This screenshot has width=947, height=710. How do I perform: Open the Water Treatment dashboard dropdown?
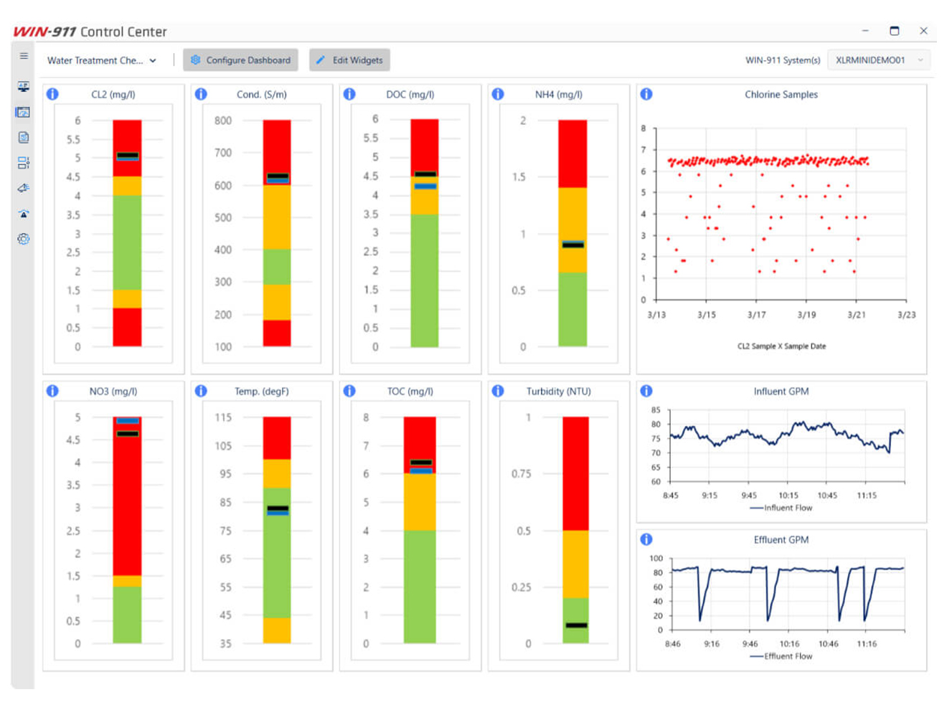click(101, 60)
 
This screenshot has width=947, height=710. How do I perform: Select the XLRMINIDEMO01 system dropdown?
click(879, 60)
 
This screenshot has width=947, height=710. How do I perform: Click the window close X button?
click(923, 31)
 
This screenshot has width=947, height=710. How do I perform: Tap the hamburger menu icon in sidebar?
click(24, 56)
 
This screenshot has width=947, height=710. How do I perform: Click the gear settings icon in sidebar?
click(24, 239)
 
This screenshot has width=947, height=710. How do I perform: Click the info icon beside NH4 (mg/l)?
click(498, 94)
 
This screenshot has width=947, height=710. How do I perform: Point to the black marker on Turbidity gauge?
click(576, 625)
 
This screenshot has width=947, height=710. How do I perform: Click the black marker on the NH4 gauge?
click(573, 245)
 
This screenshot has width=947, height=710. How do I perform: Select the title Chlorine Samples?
click(781, 95)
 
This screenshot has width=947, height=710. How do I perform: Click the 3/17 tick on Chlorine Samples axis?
click(756, 315)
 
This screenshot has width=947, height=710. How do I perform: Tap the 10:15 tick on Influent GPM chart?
click(788, 496)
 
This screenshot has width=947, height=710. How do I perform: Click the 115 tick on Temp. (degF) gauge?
click(224, 417)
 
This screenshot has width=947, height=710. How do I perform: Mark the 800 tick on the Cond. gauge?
click(223, 120)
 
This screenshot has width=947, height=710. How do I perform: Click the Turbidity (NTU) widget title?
click(558, 392)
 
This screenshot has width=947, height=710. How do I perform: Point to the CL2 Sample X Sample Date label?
click(781, 346)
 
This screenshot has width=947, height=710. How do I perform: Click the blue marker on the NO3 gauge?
click(128, 421)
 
